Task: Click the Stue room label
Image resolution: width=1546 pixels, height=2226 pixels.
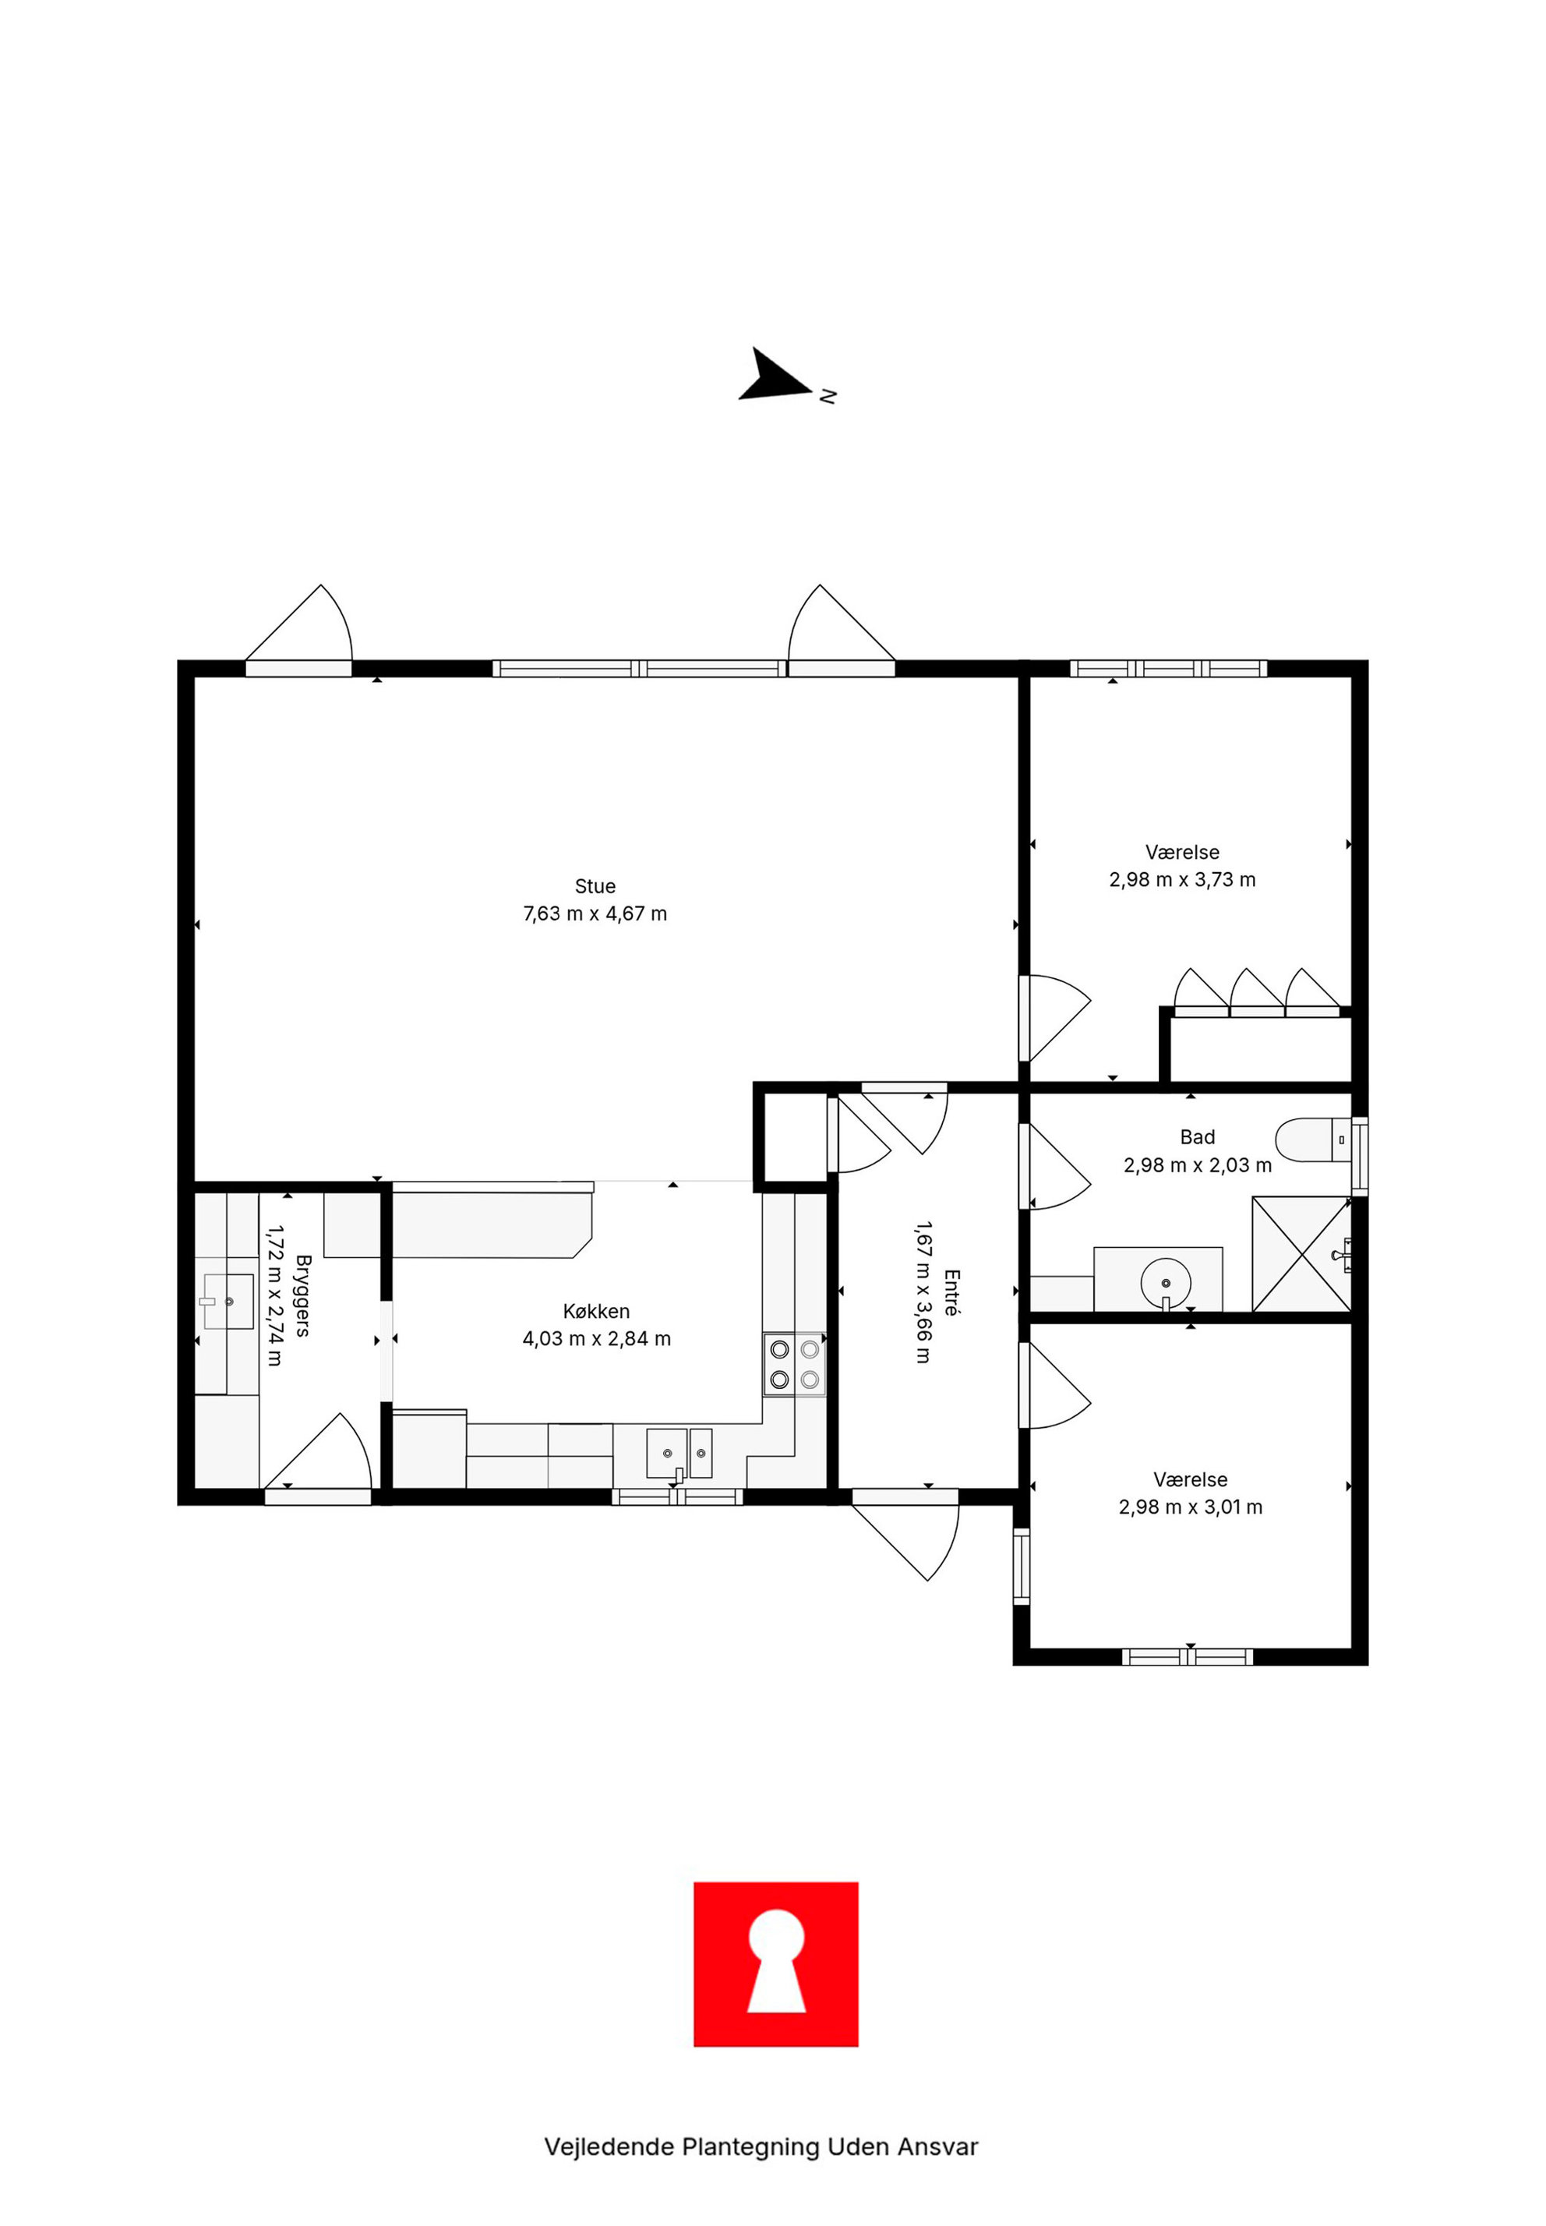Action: point(595,886)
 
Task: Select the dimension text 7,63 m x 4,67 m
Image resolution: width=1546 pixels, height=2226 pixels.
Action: point(595,913)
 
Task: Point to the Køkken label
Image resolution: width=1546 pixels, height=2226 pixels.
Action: point(597,1312)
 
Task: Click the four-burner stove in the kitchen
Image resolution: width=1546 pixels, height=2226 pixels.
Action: point(794,1364)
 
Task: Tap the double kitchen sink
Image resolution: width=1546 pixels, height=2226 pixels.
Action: point(679,1453)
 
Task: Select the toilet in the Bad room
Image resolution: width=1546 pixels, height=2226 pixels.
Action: point(1314,1140)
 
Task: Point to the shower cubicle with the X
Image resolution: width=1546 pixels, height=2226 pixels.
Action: point(1300,1254)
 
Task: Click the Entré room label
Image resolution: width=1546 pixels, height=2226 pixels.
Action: point(951,1291)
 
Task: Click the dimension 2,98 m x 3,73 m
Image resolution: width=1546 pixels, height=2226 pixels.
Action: point(1182,879)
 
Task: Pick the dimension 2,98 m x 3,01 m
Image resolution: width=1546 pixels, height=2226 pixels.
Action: point(1191,1507)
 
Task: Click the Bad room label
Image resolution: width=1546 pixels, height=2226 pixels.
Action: point(1197,1137)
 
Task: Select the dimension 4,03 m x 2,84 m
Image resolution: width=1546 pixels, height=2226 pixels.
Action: point(597,1339)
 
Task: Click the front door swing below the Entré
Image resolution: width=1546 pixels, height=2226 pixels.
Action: point(920,1536)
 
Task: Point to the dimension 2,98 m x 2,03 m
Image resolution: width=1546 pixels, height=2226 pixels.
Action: point(1197,1164)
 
